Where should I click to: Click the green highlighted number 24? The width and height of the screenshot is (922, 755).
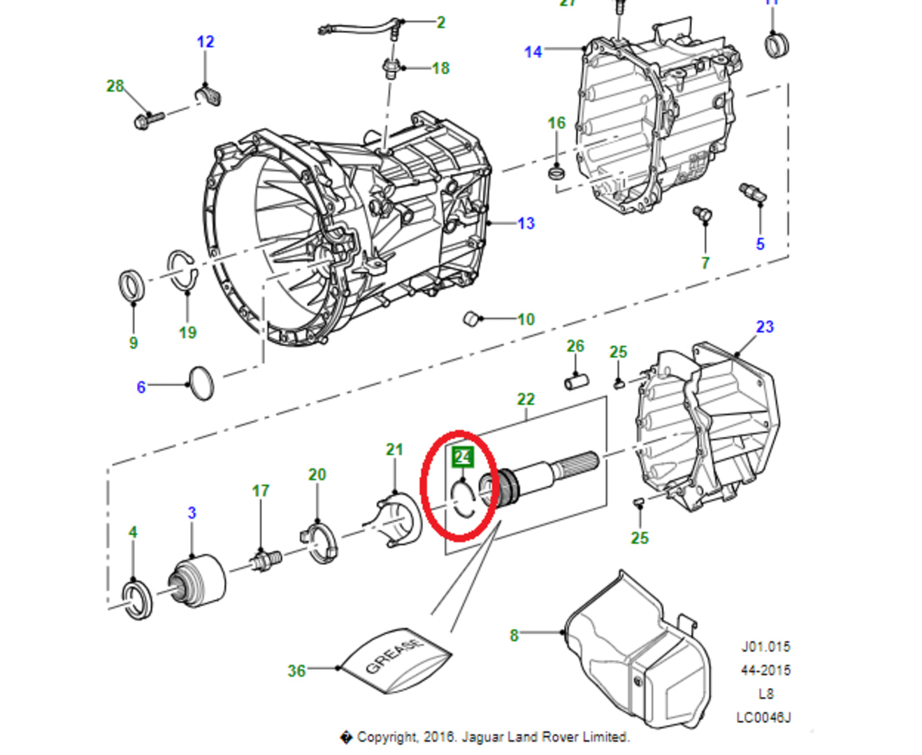(463, 457)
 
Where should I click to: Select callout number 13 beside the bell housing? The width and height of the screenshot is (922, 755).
(526, 223)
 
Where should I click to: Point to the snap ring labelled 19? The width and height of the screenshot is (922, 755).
(182, 270)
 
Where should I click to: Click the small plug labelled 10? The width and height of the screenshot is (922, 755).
(473, 318)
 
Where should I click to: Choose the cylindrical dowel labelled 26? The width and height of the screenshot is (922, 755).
(576, 381)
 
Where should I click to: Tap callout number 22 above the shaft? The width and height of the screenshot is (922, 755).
(526, 399)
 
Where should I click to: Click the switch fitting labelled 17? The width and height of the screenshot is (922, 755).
(266, 560)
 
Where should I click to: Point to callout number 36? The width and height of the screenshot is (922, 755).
(296, 671)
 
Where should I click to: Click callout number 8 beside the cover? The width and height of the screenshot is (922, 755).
(514, 635)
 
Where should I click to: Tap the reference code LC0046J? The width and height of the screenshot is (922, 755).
(763, 717)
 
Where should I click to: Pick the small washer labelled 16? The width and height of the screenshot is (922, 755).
(556, 171)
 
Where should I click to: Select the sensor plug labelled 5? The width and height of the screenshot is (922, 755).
(752, 192)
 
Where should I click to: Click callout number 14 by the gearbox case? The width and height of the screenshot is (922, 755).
(533, 52)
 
